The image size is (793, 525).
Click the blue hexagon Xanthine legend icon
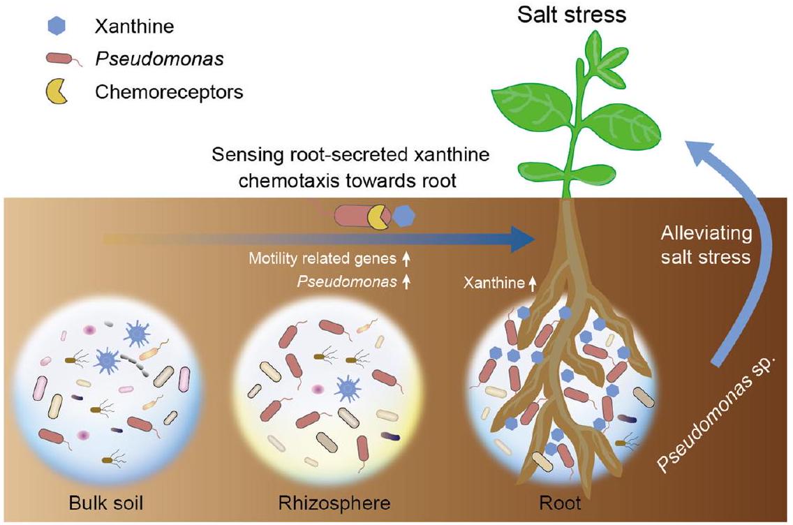click(x=59, y=27)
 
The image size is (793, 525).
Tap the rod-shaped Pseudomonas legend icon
click(x=60, y=60)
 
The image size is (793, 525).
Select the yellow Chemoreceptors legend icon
click(x=58, y=91)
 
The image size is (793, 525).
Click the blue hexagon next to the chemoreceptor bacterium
click(x=403, y=216)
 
